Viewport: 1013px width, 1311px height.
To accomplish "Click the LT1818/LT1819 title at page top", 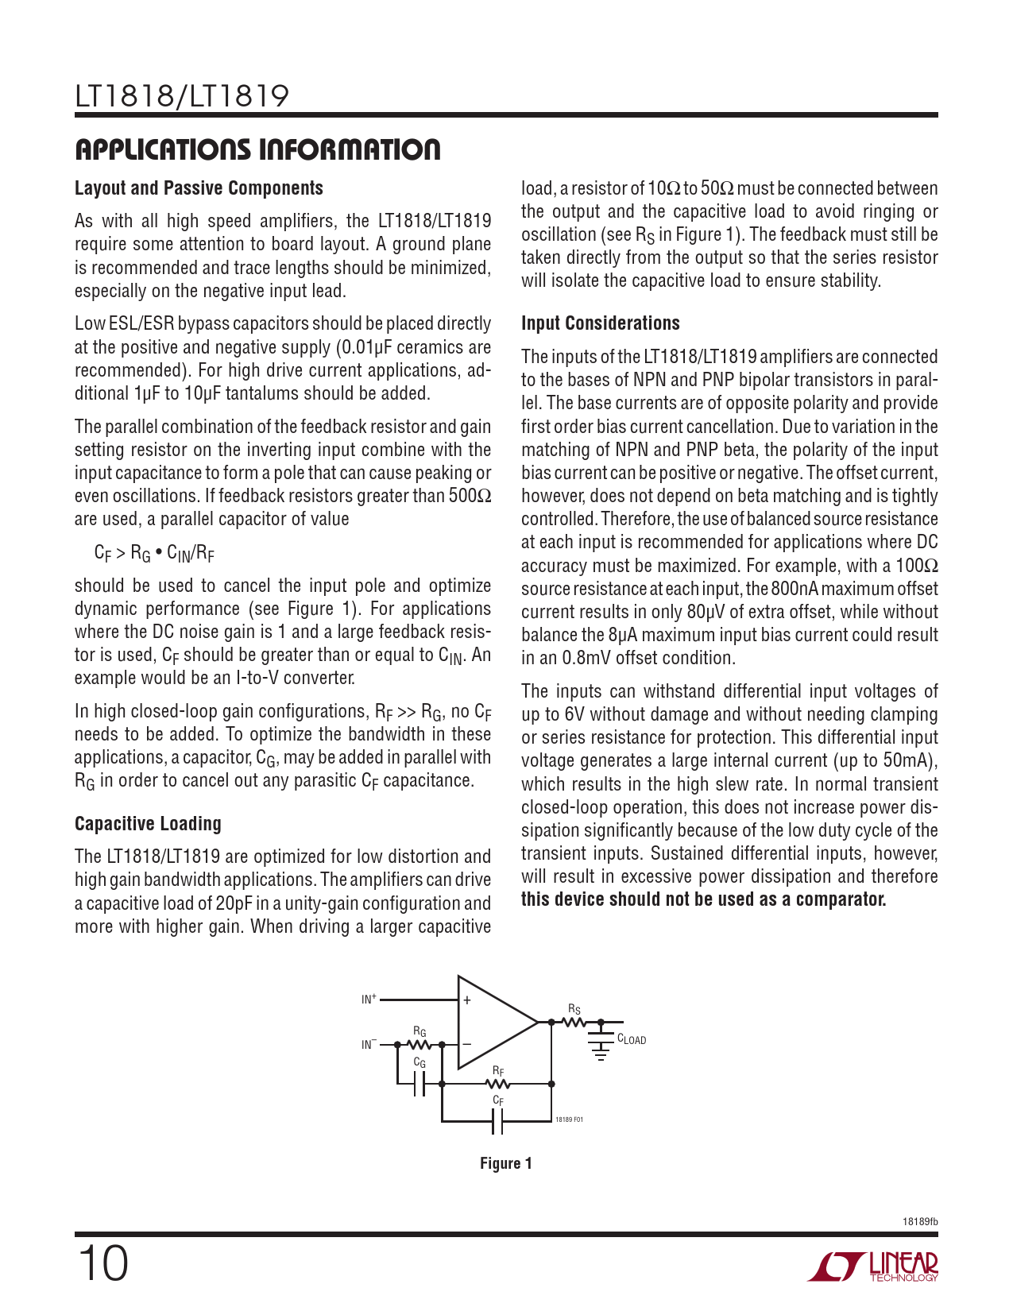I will coord(182,97).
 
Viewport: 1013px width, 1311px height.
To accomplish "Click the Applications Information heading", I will coord(257,149).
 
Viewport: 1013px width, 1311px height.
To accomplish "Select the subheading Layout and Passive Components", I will coord(199,188).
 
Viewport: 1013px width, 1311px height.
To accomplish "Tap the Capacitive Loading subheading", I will coord(148,824).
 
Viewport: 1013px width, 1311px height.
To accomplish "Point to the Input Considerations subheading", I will coord(600,323).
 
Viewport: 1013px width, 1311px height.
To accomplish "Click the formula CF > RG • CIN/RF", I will coord(154,553).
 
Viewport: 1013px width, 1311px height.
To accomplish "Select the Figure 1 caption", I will coord(505,1163).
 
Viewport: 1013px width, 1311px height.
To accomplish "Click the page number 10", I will coord(102,1264).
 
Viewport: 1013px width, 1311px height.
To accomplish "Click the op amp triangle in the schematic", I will coord(493,1022).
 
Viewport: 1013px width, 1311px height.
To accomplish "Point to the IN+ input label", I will coord(369,999).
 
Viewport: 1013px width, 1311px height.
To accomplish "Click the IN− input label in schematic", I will coord(369,1044).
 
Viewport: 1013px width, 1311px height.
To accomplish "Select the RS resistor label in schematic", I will coord(574,1009).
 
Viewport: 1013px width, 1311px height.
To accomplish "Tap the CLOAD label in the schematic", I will coord(632,1039).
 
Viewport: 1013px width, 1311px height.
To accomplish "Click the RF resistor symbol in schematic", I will coord(497,1084).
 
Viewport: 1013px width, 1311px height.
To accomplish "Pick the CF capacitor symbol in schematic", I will coord(497,1121).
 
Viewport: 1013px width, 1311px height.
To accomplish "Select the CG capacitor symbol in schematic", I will coord(420,1084).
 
